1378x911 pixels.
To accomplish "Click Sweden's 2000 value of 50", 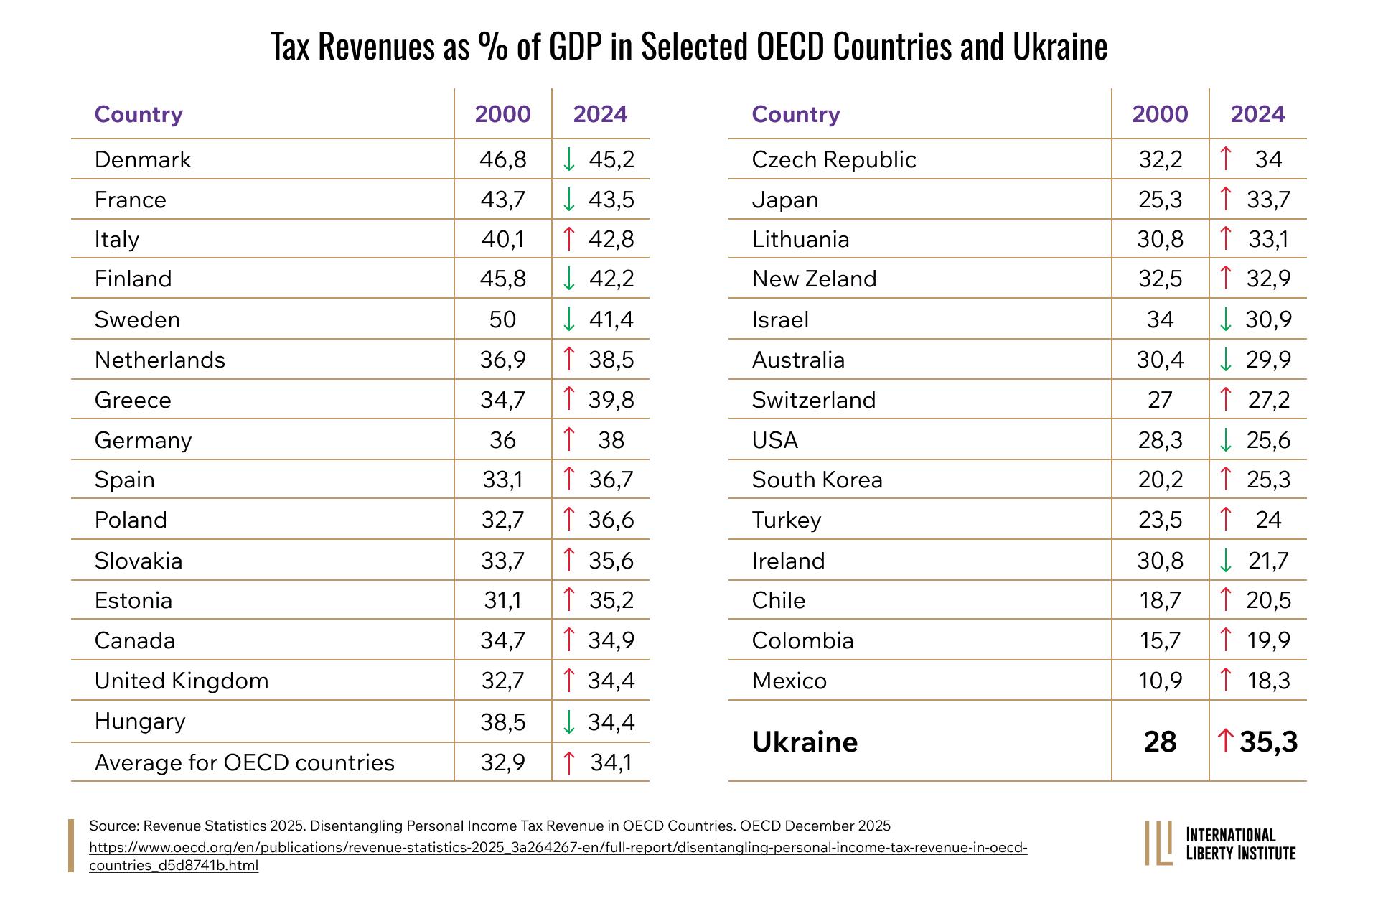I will click(x=502, y=319).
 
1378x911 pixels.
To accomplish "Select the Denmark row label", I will click(x=143, y=159).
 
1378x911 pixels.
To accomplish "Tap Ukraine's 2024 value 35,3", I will click(x=1268, y=742).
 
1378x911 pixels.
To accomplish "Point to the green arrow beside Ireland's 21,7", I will click(x=1226, y=561).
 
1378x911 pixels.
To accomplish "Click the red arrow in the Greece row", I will click(x=569, y=399).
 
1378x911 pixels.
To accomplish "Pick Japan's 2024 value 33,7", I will click(x=1268, y=200).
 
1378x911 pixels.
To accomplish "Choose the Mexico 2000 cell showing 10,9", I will click(x=1160, y=681).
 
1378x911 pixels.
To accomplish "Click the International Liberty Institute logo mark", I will click(x=1158, y=844).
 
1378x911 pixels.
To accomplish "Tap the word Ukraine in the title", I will click(x=1060, y=47).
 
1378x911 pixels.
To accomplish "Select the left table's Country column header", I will click(x=139, y=114).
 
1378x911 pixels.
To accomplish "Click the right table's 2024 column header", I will click(x=1257, y=114).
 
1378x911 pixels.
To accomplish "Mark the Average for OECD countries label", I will click(x=245, y=762).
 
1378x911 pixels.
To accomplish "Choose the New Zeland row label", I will click(x=814, y=279).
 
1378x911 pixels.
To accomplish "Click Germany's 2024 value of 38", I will click(x=611, y=440).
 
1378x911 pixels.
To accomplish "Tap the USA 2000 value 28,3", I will click(x=1160, y=440).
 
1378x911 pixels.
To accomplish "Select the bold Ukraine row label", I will click(x=805, y=742).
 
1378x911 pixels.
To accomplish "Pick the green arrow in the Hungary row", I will click(x=569, y=721).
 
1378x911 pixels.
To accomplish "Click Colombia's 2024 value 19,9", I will click(x=1268, y=640).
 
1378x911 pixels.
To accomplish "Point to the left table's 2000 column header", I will click(x=502, y=114).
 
